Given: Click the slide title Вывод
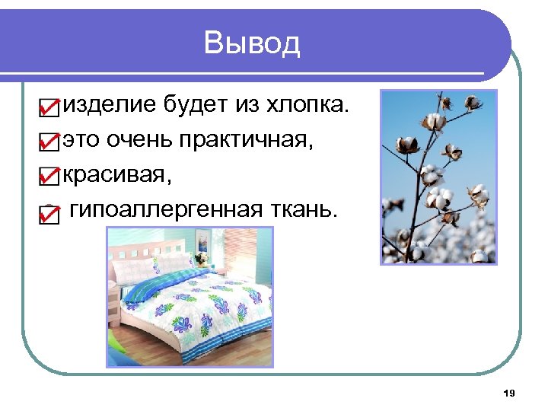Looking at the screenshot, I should tap(252, 43).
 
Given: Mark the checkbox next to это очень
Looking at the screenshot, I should tap(47, 142).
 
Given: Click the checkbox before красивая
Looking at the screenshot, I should tap(47, 177).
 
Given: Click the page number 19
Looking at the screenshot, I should tap(509, 393).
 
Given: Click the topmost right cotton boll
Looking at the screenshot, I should tap(471, 102).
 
